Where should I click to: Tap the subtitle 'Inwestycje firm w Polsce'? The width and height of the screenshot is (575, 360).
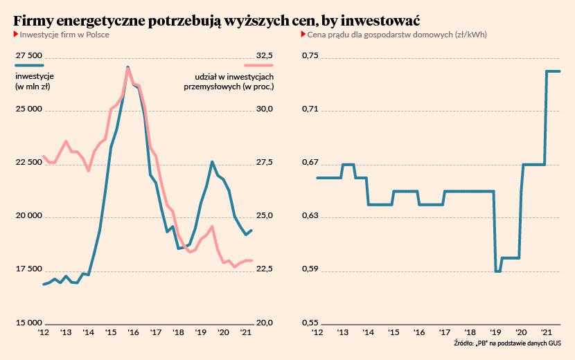click(64, 35)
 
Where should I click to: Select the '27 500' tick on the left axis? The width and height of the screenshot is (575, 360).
click(29, 55)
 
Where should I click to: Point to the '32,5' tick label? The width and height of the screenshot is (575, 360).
click(265, 55)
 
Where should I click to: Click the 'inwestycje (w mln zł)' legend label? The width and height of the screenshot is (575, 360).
click(35, 81)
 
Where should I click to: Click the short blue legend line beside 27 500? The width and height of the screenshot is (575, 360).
click(28, 65)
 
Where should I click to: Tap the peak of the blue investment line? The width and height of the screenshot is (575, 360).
click(128, 67)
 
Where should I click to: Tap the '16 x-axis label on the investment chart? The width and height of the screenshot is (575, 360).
click(132, 333)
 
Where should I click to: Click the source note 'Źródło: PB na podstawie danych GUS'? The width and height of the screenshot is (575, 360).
click(508, 343)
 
